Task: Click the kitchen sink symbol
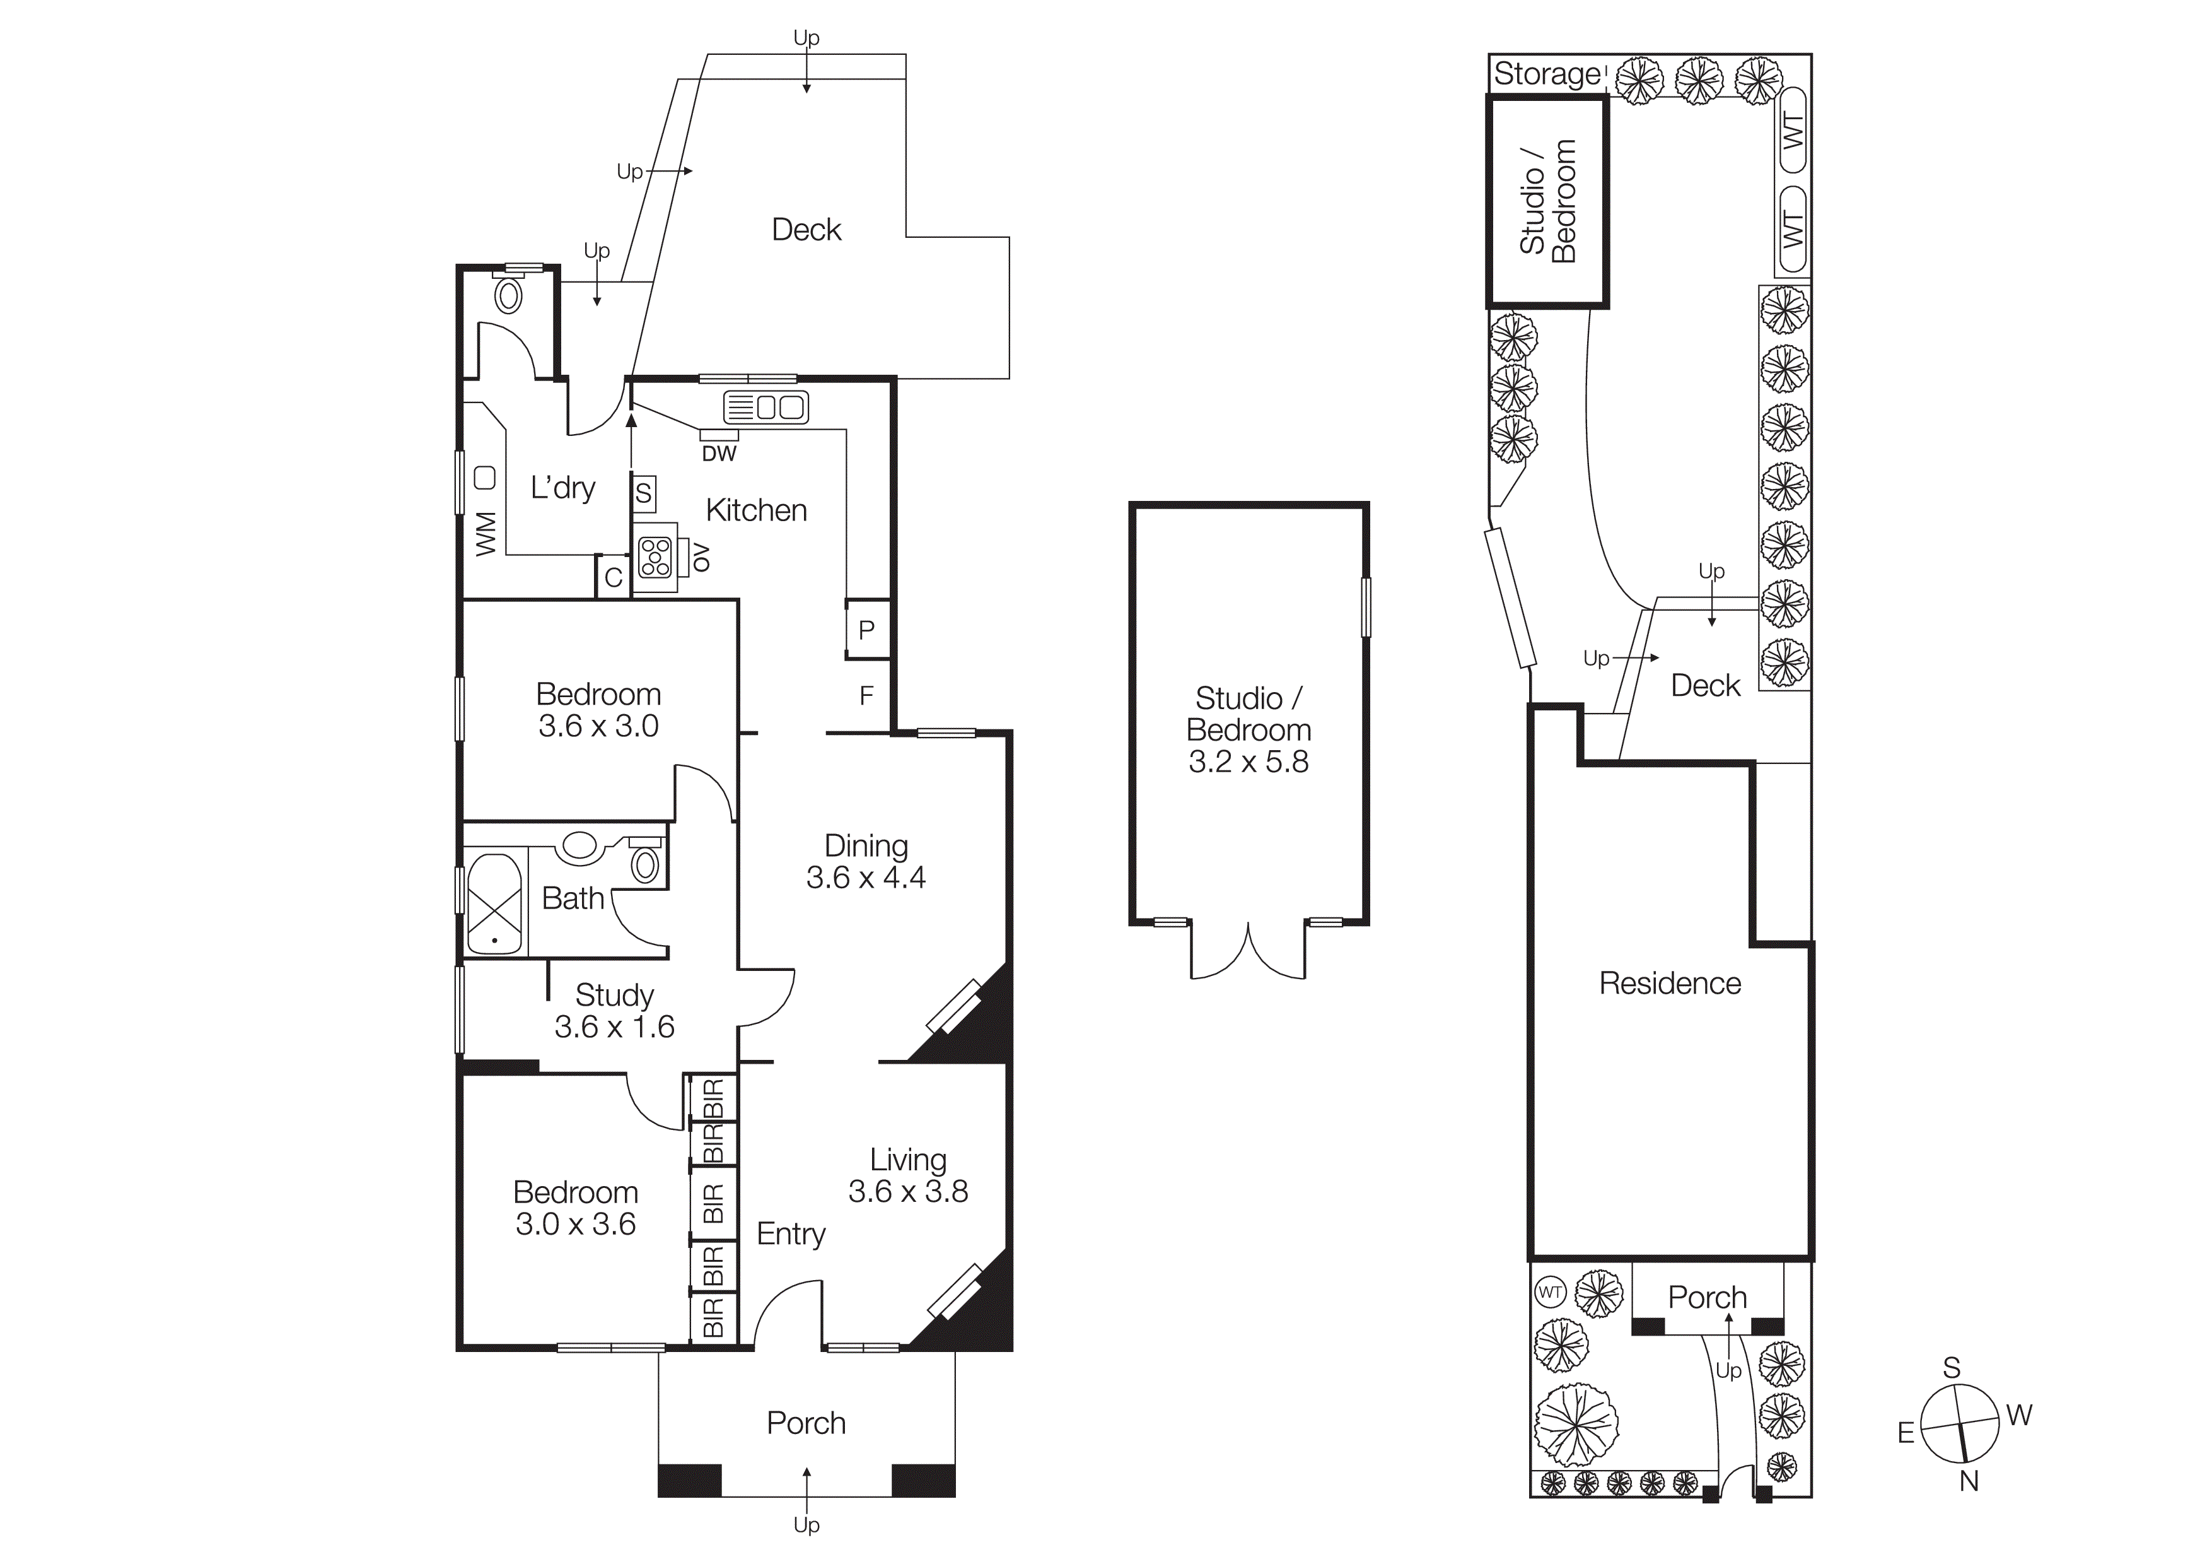pyautogui.click(x=766, y=408)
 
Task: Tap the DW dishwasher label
pyautogui.click(x=719, y=454)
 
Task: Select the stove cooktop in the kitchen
pyautogui.click(x=655, y=557)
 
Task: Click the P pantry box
pyautogui.click(x=866, y=630)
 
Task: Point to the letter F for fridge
pyautogui.click(x=866, y=696)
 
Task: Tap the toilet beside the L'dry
pyautogui.click(x=509, y=294)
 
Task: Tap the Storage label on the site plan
pyautogui.click(x=1546, y=74)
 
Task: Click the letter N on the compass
pyautogui.click(x=1968, y=1482)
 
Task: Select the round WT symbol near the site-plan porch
pyautogui.click(x=1550, y=1292)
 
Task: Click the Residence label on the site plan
pyautogui.click(x=1670, y=984)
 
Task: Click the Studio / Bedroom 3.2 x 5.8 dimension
pyautogui.click(x=1248, y=762)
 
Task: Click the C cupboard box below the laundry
pyautogui.click(x=613, y=577)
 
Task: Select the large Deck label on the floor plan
pyautogui.click(x=806, y=230)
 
